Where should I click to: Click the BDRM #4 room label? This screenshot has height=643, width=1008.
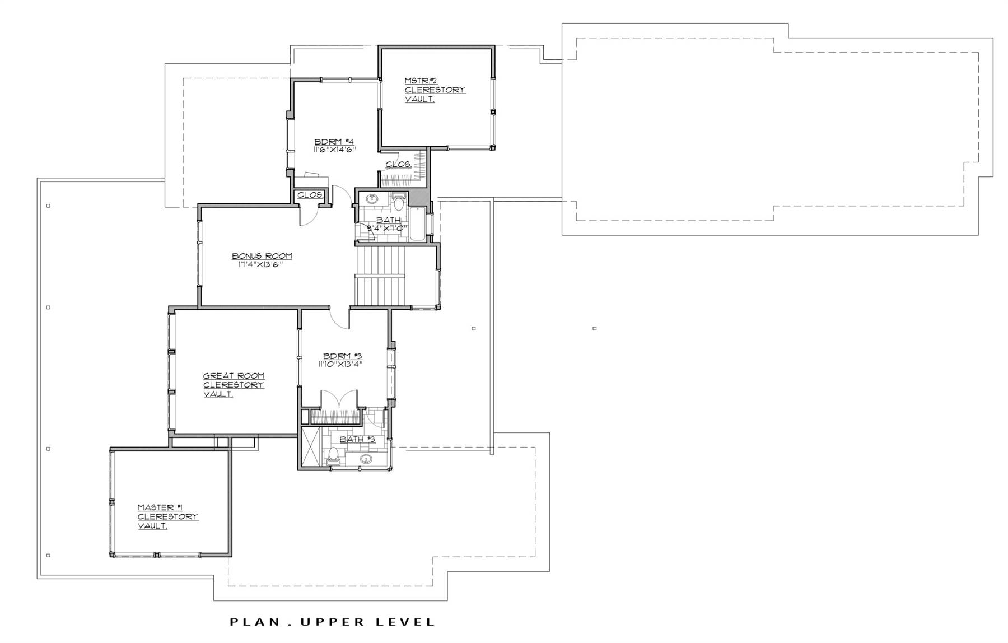pyautogui.click(x=334, y=141)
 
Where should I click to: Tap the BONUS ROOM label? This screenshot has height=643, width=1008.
pyautogui.click(x=262, y=256)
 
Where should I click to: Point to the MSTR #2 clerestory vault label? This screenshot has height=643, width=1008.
pyautogui.click(x=435, y=90)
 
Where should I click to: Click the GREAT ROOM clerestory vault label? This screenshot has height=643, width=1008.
pyautogui.click(x=234, y=385)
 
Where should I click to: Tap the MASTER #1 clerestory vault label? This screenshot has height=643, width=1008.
pyautogui.click(x=168, y=516)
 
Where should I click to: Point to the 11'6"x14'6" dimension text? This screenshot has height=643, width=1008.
pyautogui.click(x=335, y=150)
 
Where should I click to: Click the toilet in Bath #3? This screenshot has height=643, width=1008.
pyautogui.click(x=333, y=456)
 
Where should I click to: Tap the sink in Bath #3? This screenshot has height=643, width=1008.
pyautogui.click(x=366, y=460)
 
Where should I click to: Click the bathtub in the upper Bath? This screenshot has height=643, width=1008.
pyautogui.click(x=417, y=224)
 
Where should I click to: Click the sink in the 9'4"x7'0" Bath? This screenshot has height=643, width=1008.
pyautogui.click(x=372, y=198)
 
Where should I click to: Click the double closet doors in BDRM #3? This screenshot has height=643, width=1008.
pyautogui.click(x=338, y=399)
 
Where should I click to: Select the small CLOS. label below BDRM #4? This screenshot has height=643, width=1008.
pyautogui.click(x=310, y=195)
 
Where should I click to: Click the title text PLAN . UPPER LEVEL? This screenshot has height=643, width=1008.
pyautogui.click(x=333, y=622)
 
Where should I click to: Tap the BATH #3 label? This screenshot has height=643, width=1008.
pyautogui.click(x=357, y=439)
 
